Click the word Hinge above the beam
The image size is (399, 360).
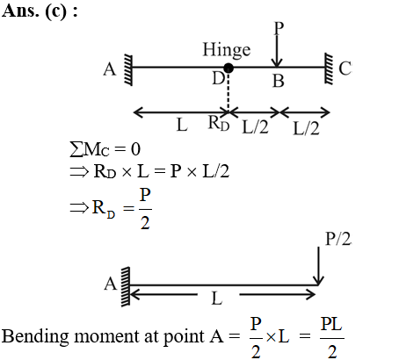pos(227,50)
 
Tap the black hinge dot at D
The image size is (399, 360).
pos(229,68)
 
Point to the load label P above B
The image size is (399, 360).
pos(279,28)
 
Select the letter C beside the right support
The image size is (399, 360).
pos(345,68)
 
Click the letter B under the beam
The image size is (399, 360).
pos(279,81)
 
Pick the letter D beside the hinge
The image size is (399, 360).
pos(218,78)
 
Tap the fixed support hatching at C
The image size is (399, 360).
pos(329,68)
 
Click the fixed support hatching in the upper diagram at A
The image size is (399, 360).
pos(128,70)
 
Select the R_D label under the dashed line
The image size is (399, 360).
pos(219,123)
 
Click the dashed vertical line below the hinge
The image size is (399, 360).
pos(228,91)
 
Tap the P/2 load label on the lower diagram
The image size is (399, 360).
pos(338,239)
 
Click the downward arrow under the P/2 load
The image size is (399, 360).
pos(318,266)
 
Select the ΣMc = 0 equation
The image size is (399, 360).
pos(105,149)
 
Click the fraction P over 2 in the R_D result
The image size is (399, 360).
pos(145,208)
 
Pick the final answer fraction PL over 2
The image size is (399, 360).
pos(332,338)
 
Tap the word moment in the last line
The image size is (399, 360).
pos(107,336)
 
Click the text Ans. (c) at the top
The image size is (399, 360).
pos(40,11)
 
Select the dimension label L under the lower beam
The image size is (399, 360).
pos(217,299)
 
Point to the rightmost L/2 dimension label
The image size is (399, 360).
pos(306,128)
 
